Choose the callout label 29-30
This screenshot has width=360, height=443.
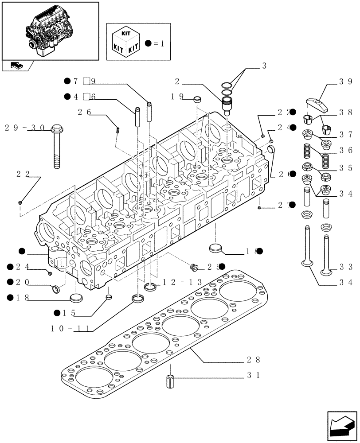tap(25, 128)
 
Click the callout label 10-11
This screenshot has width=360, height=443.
tap(71, 329)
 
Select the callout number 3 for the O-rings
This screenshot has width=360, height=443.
tap(264, 66)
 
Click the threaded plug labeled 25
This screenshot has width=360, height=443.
tap(193, 267)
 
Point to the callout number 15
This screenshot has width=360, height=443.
tap(70, 313)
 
